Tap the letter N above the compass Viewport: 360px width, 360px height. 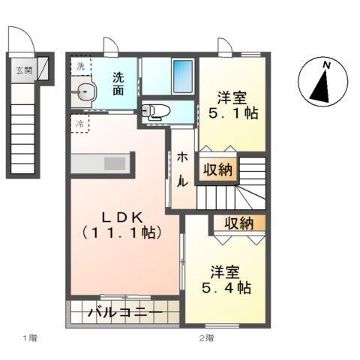point(327,65)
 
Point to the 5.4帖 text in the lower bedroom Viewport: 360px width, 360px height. point(224,287)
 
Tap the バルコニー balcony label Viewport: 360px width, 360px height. point(124,312)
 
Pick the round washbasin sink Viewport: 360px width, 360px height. point(85,94)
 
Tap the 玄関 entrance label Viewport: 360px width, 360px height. point(24,71)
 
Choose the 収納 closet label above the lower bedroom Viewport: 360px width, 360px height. point(238,223)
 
